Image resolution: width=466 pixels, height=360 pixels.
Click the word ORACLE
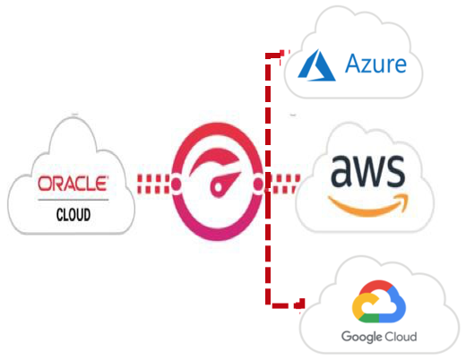click(x=73, y=184)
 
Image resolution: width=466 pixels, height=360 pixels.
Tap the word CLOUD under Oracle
click(x=73, y=215)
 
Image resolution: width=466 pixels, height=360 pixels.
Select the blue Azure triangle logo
click(x=317, y=65)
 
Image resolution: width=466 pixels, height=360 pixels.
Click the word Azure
click(x=375, y=64)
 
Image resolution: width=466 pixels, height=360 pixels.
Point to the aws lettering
click(x=367, y=170)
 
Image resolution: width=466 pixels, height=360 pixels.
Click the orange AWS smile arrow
click(x=368, y=204)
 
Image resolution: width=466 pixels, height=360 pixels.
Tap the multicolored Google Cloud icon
click(x=379, y=302)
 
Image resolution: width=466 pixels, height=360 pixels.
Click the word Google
click(x=362, y=337)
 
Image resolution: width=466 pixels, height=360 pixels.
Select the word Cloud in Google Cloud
click(x=401, y=337)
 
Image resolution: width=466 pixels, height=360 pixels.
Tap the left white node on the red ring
click(x=176, y=184)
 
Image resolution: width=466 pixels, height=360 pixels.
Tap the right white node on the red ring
click(x=258, y=184)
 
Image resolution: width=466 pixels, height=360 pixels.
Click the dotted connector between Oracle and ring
click(x=153, y=184)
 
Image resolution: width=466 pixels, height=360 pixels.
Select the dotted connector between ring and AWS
click(x=282, y=184)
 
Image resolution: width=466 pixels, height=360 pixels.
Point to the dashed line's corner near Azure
click(x=268, y=56)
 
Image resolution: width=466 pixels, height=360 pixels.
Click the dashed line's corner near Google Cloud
click(x=268, y=304)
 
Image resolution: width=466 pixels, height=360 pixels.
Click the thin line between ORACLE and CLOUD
click(x=73, y=200)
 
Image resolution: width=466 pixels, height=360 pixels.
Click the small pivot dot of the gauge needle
click(x=219, y=187)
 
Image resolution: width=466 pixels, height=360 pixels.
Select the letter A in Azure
click(x=353, y=64)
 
